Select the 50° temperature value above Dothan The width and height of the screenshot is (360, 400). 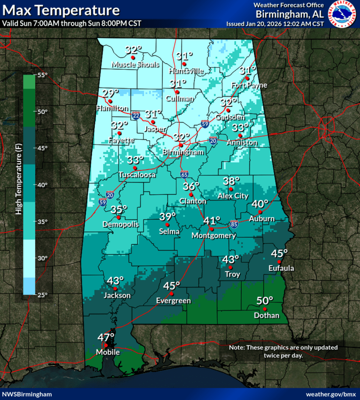click(x=265, y=301)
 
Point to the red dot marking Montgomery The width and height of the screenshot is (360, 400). click(x=211, y=229)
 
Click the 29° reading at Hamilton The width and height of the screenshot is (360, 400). click(x=110, y=93)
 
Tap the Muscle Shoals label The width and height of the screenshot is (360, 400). click(x=135, y=65)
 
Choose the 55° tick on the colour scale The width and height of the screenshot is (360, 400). click(x=42, y=75)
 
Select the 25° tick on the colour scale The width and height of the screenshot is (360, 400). click(x=42, y=295)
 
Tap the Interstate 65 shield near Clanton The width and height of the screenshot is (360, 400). click(x=184, y=174)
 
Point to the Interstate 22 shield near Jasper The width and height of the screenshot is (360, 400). click(x=136, y=115)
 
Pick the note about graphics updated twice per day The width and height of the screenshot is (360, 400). click(x=283, y=351)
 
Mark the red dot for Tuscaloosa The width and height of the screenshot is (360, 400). click(x=135, y=168)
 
